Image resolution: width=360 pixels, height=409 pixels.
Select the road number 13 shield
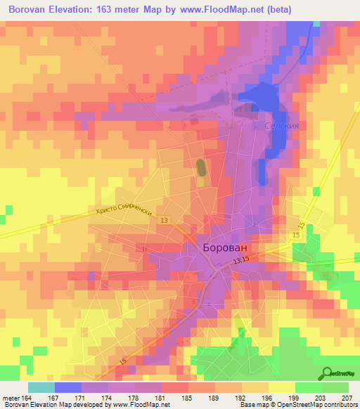tap(163, 220)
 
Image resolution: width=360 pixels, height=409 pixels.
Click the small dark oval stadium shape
tap(201, 168)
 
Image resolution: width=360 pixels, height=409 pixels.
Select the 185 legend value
tap(186, 398)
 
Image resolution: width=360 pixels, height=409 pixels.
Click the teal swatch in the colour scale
tap(41, 387)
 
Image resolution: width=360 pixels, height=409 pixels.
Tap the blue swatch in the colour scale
tap(68, 387)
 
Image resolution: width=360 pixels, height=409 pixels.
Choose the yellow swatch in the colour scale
tap(281, 387)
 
